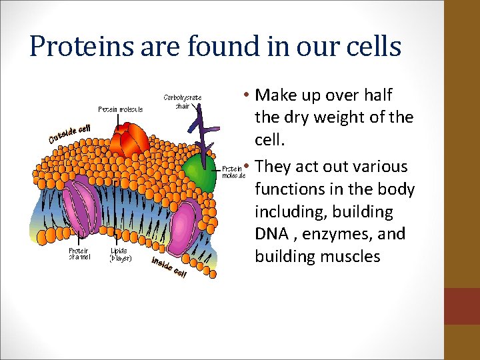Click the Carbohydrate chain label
click(x=183, y=101)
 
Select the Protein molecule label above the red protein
click(x=120, y=109)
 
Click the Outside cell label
click(x=69, y=133)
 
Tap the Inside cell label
click(x=169, y=268)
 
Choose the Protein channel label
click(x=81, y=254)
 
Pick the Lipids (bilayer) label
click(x=121, y=254)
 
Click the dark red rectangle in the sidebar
click(x=462, y=306)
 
